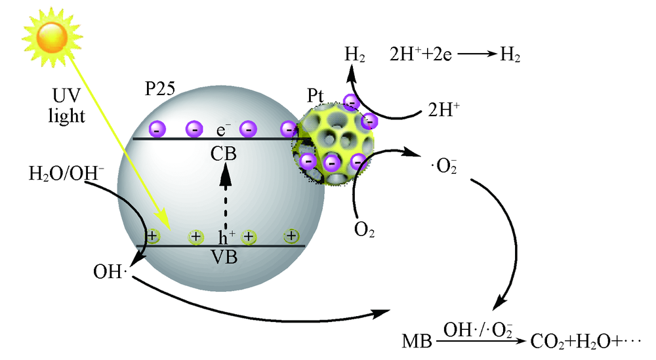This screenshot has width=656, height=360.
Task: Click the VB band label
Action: pos(224,257)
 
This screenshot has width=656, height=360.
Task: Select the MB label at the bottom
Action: pos(417,342)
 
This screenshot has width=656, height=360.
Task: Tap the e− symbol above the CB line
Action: pos(224,127)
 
